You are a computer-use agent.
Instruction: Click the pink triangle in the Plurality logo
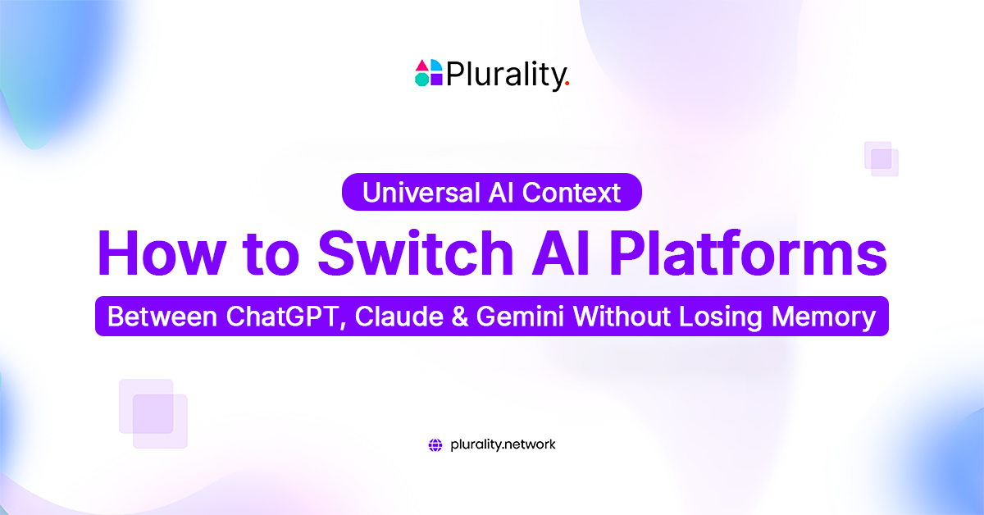click(x=422, y=66)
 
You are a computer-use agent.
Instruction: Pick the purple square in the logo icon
click(x=436, y=79)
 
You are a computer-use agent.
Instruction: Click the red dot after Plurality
click(x=567, y=84)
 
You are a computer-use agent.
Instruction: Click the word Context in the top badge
click(x=573, y=193)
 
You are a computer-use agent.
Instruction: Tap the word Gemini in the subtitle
click(x=525, y=317)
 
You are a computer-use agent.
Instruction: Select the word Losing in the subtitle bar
click(x=718, y=317)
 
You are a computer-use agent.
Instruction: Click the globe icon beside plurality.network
click(x=435, y=445)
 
